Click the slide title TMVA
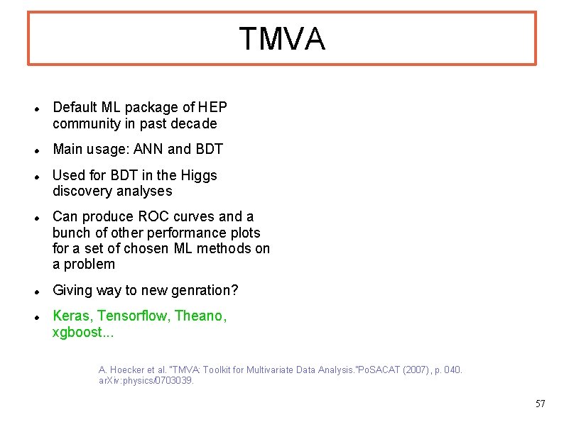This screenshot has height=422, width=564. point(282,39)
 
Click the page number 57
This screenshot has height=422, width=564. point(540,404)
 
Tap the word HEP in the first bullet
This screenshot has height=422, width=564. point(213,108)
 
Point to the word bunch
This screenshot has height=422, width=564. point(70,233)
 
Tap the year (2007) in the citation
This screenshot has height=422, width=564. point(410,370)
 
